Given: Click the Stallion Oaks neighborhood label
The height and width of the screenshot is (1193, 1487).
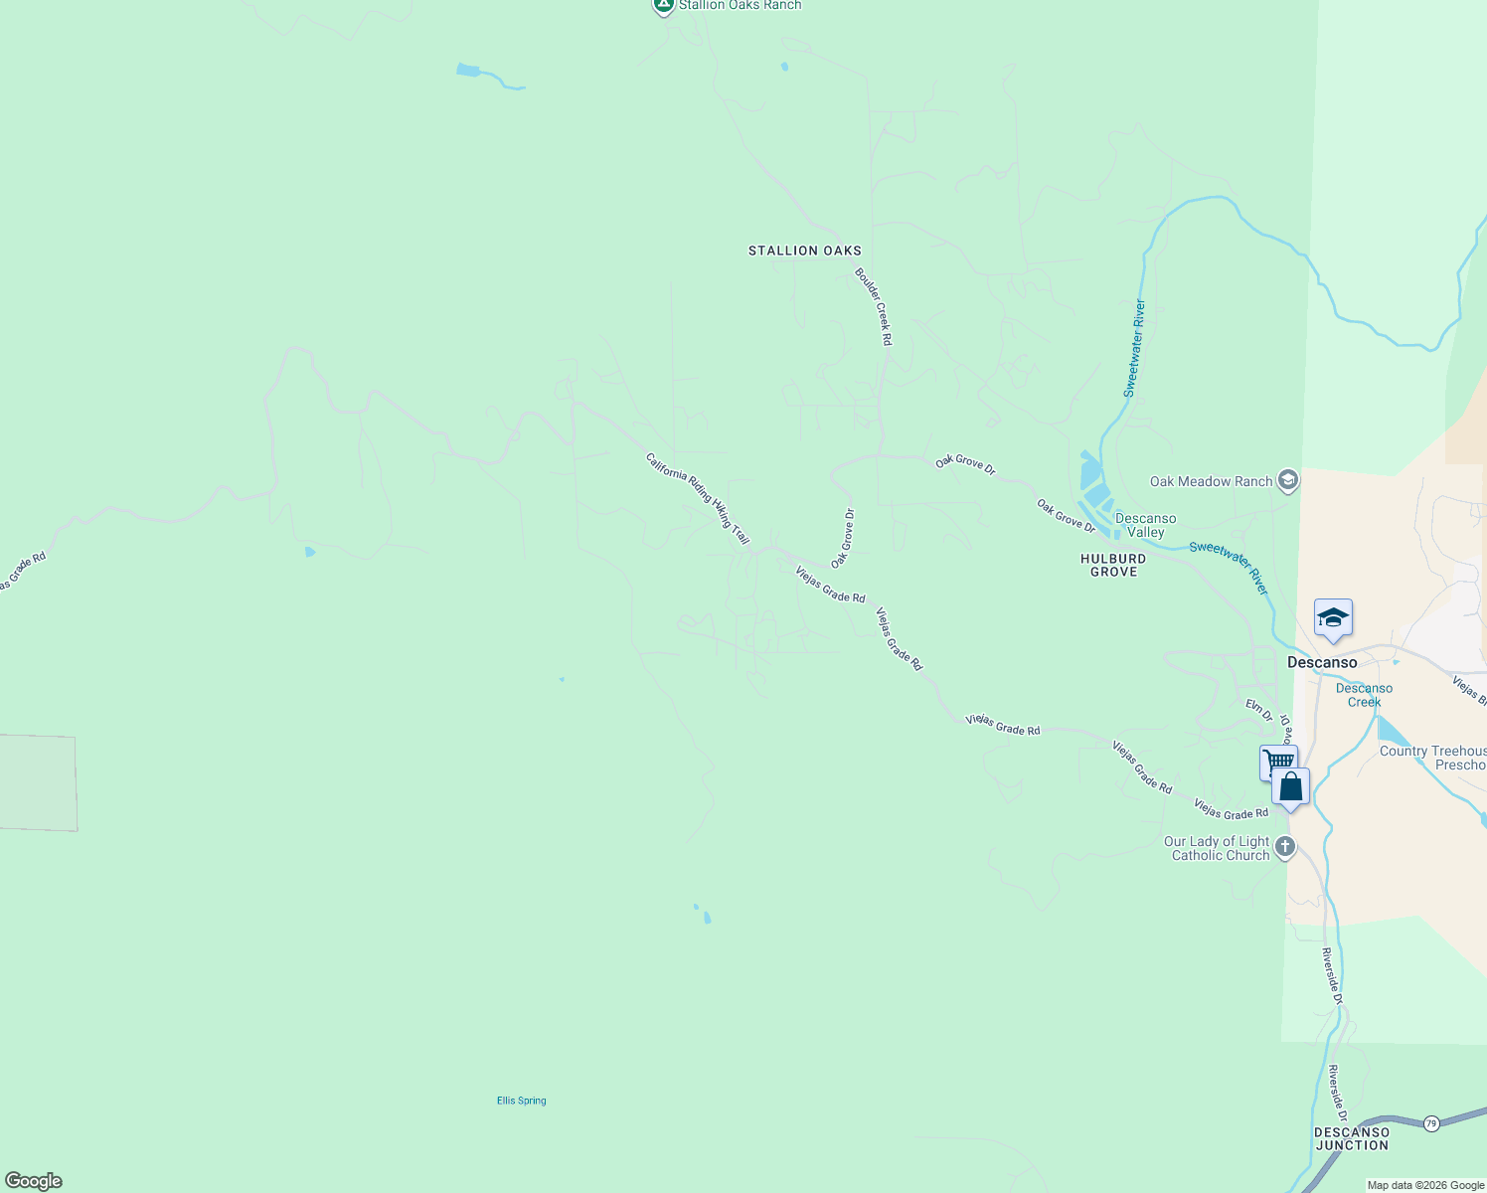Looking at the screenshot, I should click(x=804, y=251).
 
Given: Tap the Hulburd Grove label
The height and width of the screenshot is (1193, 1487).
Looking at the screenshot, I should click(x=1113, y=565).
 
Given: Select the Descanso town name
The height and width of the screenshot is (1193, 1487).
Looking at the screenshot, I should click(x=1321, y=662).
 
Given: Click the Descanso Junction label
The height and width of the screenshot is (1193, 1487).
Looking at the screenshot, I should click(x=1351, y=1138).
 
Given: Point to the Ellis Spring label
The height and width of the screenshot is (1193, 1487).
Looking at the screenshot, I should click(x=521, y=1101).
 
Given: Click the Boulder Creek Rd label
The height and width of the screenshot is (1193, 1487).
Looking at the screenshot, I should click(x=874, y=306).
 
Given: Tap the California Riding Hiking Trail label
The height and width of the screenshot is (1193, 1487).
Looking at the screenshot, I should click(x=697, y=498).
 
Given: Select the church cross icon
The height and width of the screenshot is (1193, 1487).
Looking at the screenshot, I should click(x=1284, y=847).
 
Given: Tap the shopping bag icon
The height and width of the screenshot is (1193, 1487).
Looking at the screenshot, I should click(x=1290, y=787).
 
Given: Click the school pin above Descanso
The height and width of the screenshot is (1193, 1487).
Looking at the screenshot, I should click(x=1332, y=618).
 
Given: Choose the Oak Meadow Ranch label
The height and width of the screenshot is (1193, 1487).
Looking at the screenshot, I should click(x=1211, y=481).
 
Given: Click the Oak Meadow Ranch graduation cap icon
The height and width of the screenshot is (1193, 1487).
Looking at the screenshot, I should click(x=1288, y=481).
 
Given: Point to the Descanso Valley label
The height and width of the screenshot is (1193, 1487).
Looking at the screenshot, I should click(x=1145, y=525).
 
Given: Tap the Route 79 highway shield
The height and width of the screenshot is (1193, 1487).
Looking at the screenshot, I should click(x=1430, y=1122).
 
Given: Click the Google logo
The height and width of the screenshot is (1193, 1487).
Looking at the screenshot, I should click(x=34, y=1181).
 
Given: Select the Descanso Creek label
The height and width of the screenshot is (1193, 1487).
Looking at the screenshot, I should click(x=1364, y=695).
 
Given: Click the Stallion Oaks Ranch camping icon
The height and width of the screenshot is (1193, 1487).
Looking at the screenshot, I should click(x=663, y=5).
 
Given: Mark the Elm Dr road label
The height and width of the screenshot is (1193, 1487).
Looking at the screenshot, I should click(x=1258, y=709).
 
